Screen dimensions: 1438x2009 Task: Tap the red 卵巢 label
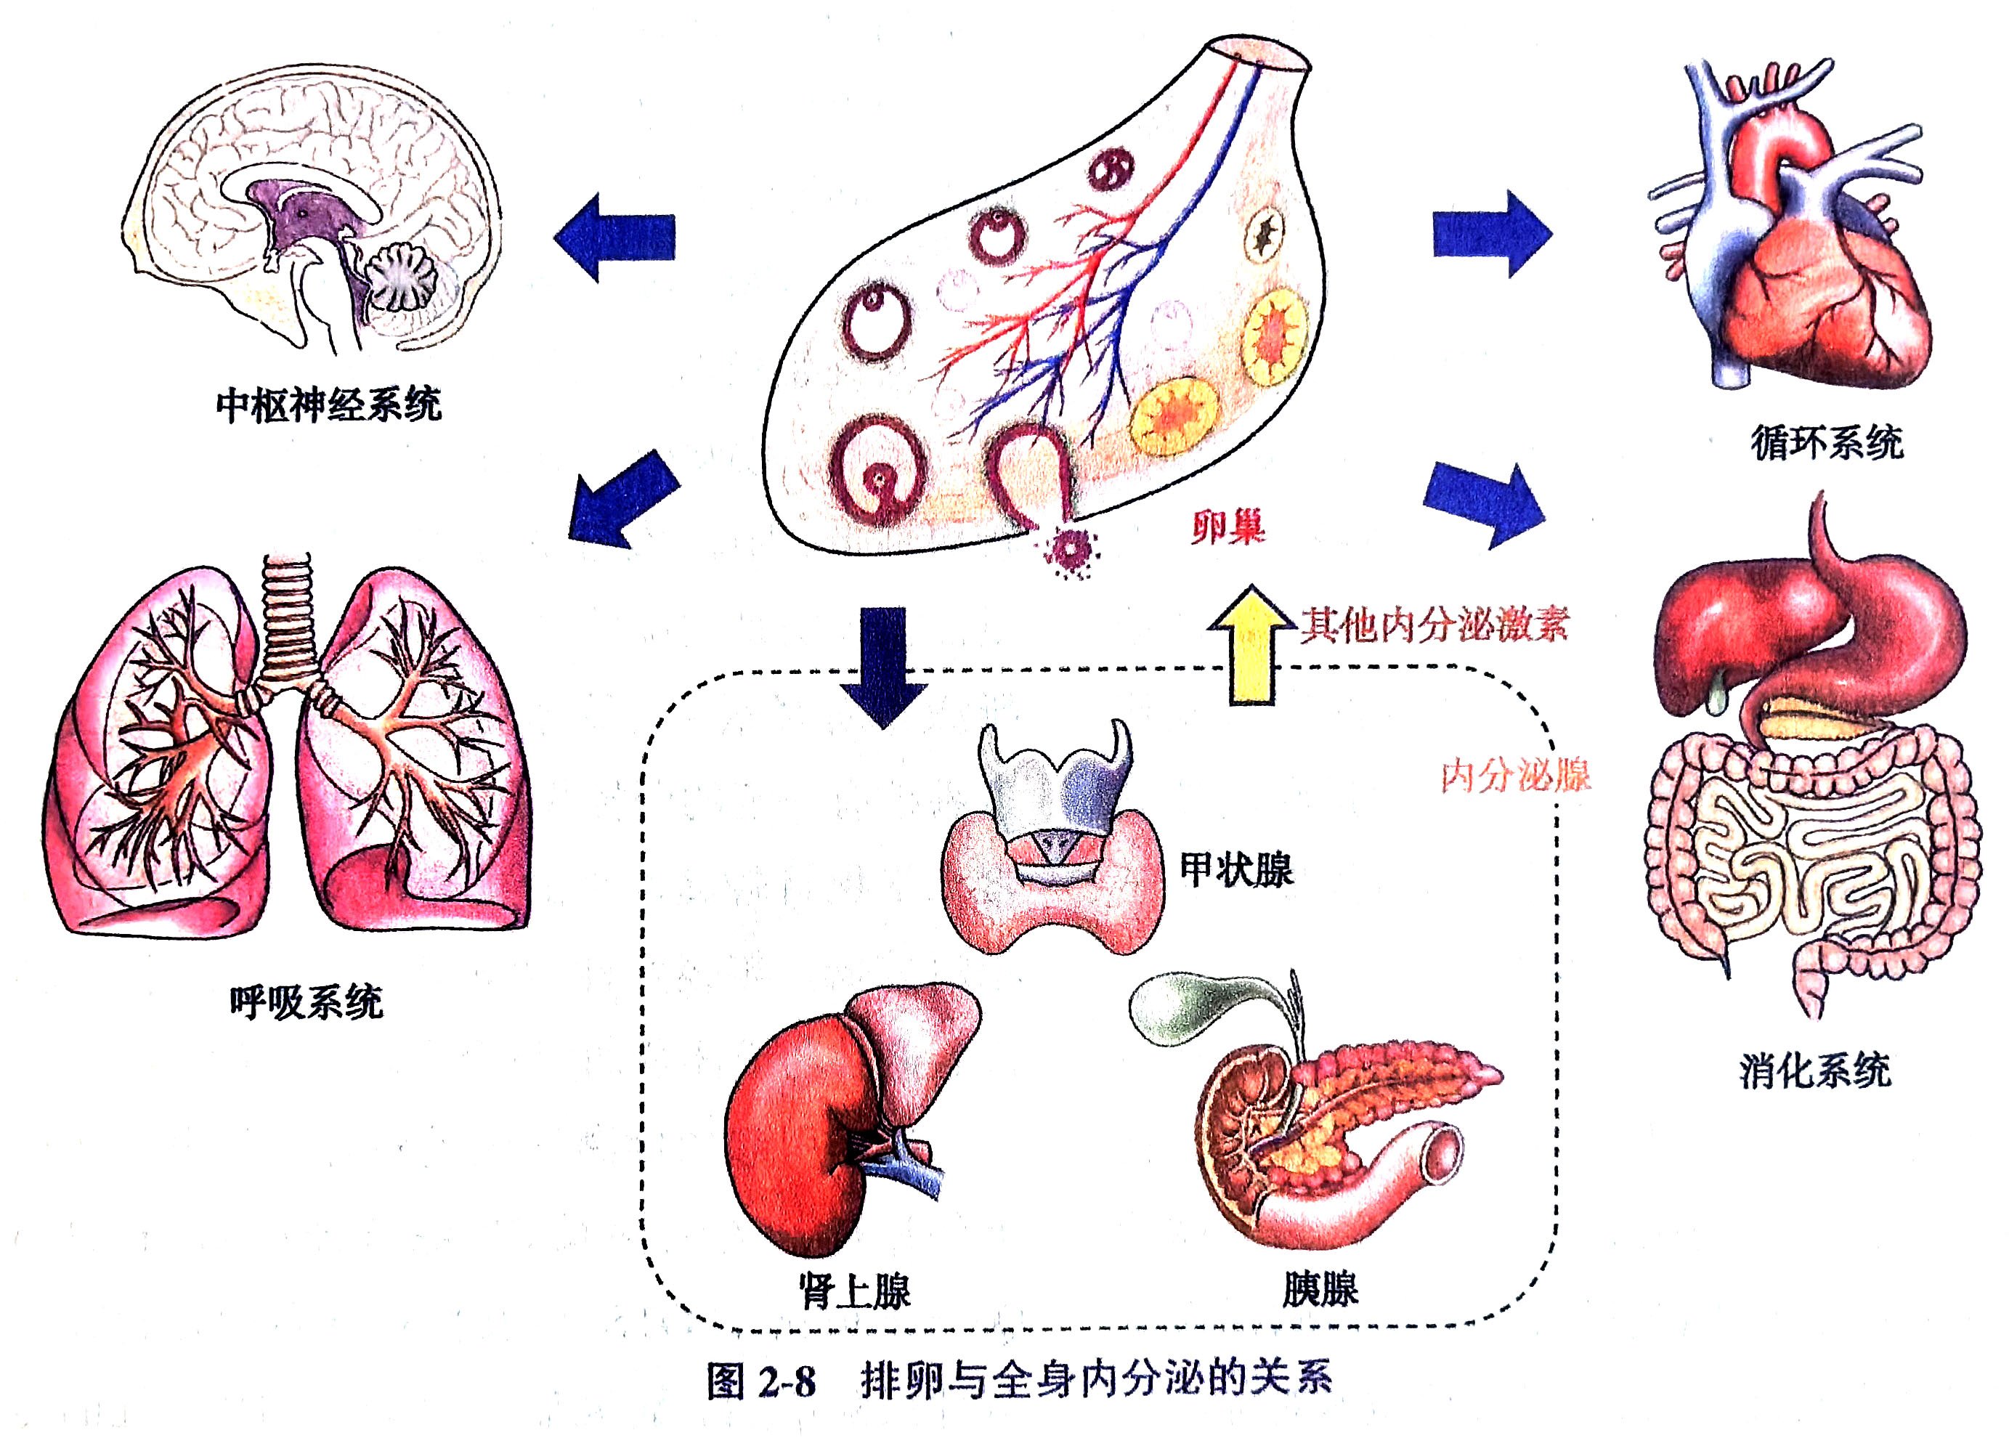[1227, 528]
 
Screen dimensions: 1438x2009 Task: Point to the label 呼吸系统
[306, 1002]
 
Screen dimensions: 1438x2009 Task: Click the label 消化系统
[1814, 1071]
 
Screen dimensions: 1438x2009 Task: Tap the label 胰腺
[1320, 1289]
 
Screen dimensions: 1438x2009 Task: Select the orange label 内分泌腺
[1515, 776]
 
